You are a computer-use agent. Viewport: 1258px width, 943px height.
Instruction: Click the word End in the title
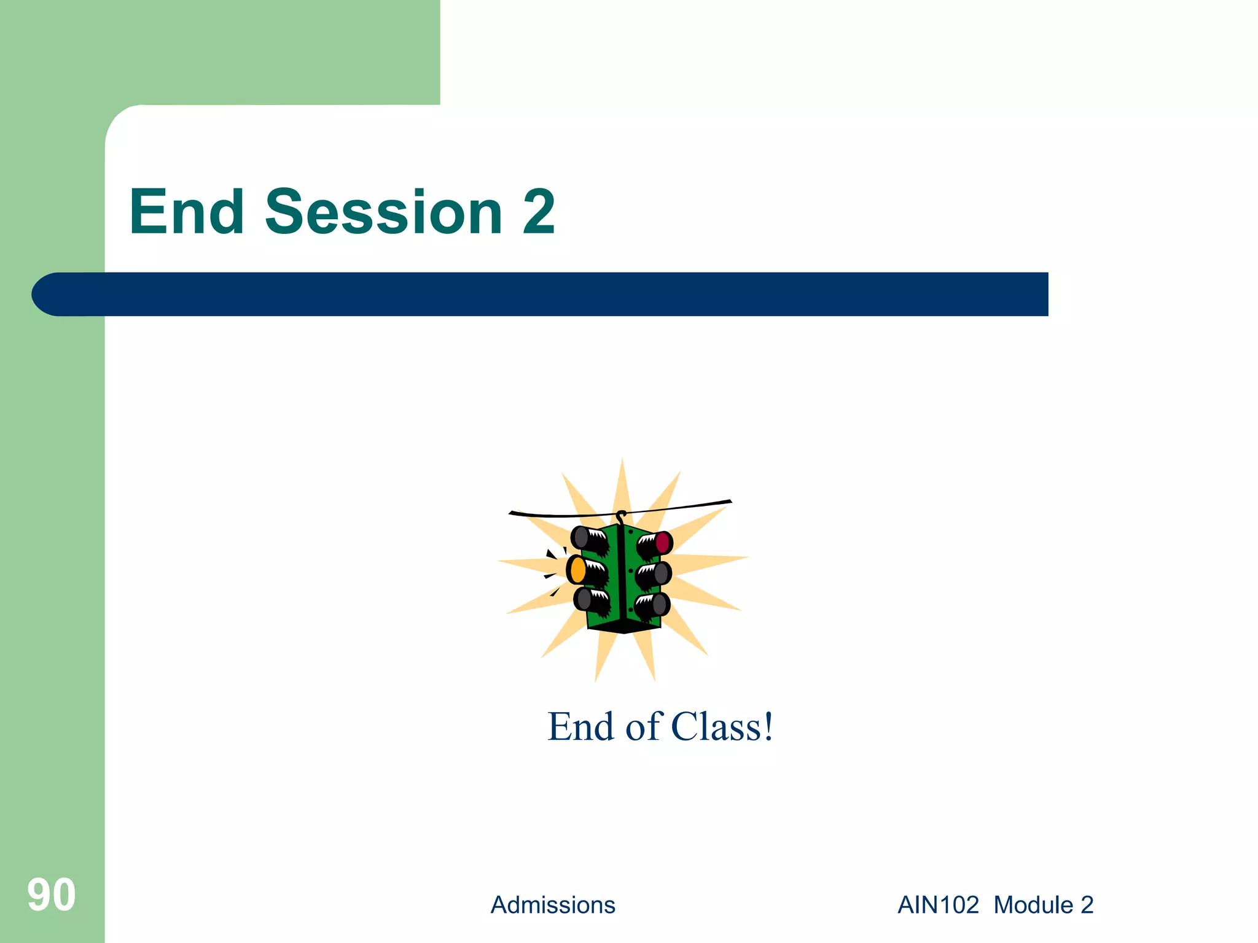187,212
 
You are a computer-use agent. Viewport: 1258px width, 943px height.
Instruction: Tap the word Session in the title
384,212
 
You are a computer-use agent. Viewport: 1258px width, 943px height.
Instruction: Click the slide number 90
52,895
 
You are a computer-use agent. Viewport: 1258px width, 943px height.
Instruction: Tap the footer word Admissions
552,905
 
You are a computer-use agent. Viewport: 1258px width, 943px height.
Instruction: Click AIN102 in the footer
938,905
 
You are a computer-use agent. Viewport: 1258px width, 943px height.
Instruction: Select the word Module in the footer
1033,905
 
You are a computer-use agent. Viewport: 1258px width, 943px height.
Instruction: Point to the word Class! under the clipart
722,727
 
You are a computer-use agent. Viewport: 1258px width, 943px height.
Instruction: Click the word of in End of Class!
643,727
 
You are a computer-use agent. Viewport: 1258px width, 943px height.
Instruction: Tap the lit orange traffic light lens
577,570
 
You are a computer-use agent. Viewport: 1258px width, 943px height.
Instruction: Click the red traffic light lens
663,542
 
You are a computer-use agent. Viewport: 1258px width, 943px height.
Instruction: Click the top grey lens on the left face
580,538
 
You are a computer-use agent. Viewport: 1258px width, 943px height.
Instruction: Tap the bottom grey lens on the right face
660,605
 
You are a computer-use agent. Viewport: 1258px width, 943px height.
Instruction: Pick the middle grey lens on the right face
662,573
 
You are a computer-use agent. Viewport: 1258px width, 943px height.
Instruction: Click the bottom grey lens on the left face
584,599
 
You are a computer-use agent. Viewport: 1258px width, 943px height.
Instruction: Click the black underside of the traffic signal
623,629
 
